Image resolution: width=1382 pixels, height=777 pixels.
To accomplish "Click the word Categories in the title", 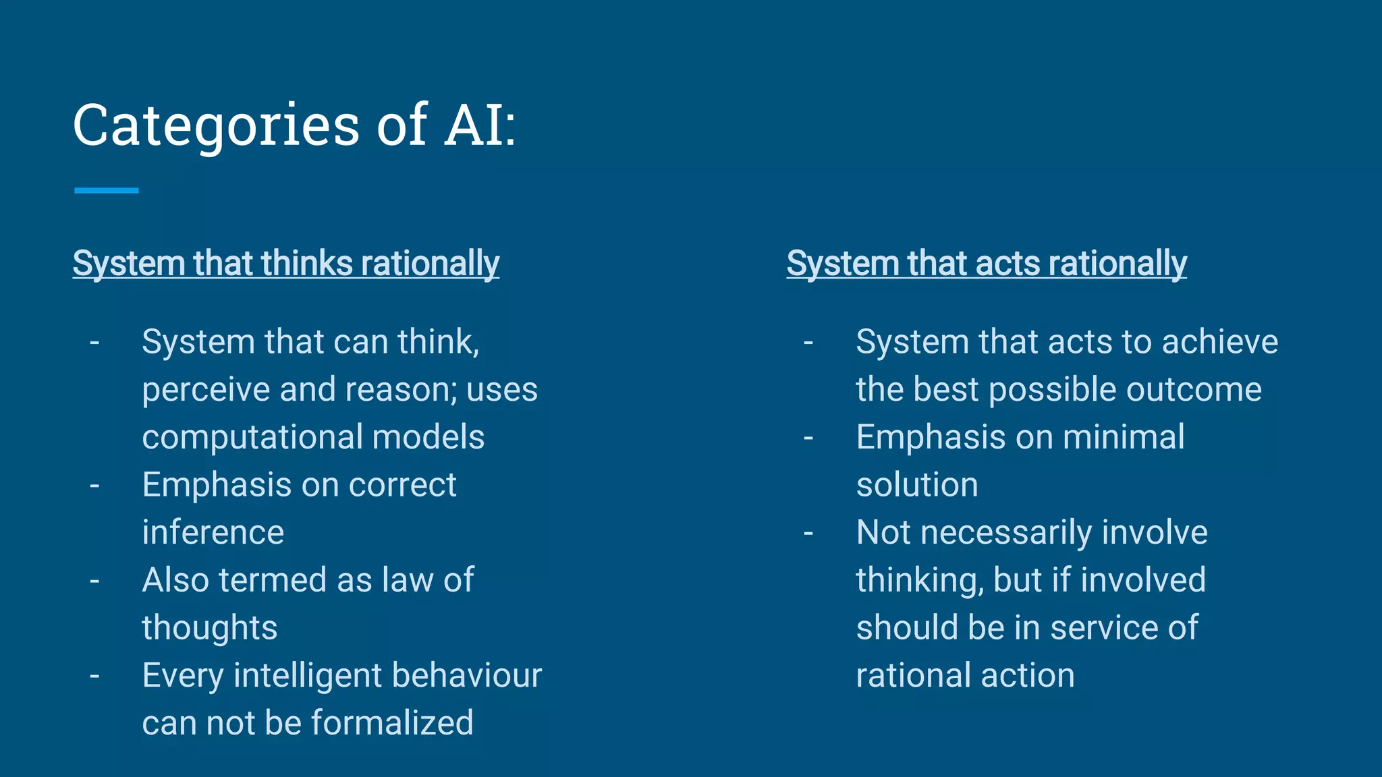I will pos(216,126).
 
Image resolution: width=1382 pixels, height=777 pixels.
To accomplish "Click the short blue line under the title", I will pos(107,191).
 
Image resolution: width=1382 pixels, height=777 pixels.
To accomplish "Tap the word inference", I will pos(213,533).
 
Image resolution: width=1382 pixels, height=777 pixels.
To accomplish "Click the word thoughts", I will pos(209,629).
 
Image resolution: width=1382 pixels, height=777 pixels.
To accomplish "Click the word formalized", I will pos(392,723).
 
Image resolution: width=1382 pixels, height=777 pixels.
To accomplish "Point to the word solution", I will pos(916,486).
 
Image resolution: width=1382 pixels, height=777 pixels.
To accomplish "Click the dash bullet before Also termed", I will pos(94,581).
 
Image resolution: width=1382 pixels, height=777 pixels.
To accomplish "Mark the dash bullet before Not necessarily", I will pos(808,534).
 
